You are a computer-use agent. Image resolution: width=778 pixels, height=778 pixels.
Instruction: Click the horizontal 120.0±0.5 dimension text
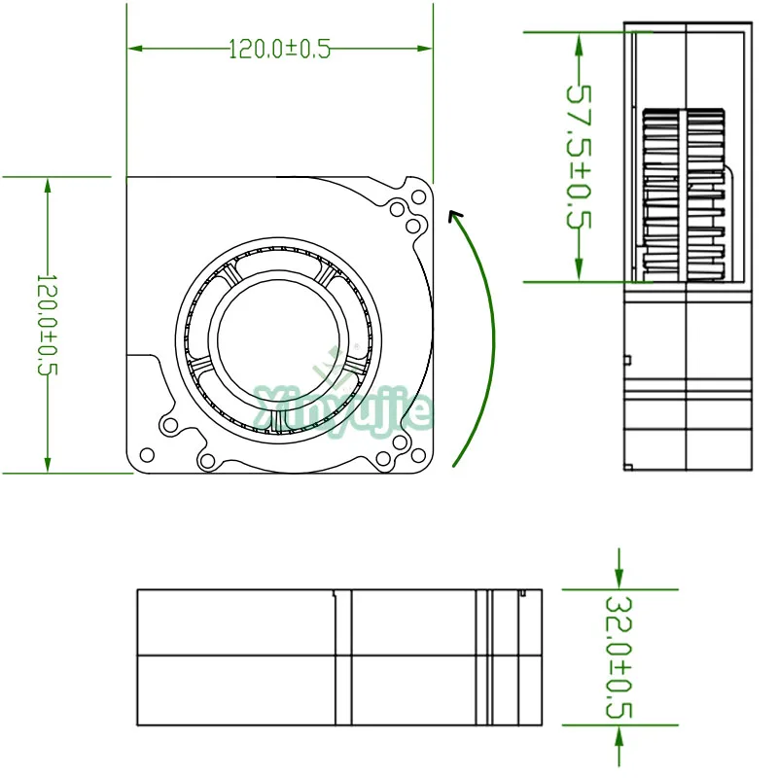pyautogui.click(x=280, y=49)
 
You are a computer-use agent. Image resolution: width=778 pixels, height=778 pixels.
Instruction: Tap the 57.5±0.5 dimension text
pyautogui.click(x=580, y=156)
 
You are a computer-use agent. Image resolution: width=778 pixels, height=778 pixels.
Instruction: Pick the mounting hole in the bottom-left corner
pyautogui.click(x=148, y=454)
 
